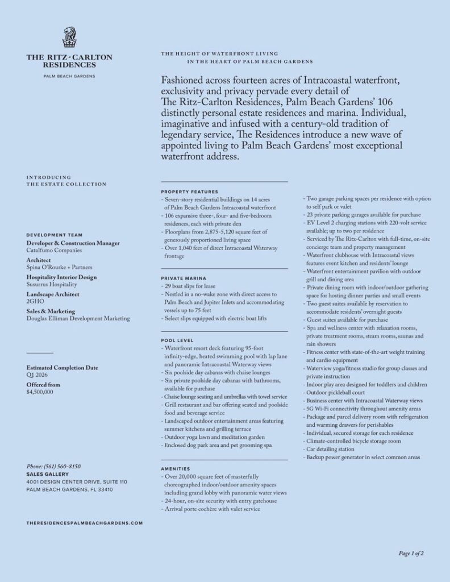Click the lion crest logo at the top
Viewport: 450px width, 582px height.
tap(69, 38)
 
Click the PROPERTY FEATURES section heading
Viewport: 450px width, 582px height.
tap(189, 192)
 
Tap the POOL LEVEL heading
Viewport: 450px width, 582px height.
tap(177, 340)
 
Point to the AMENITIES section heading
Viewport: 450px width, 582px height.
tap(176, 469)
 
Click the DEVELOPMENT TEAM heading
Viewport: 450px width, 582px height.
tap(54, 235)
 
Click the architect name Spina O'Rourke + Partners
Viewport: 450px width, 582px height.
tap(59, 267)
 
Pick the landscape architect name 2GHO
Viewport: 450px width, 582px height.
tap(35, 302)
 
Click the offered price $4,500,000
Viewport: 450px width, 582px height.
tap(40, 392)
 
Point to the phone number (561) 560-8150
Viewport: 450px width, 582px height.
tap(53, 466)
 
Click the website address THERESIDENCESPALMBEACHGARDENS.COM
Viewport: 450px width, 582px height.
tap(84, 522)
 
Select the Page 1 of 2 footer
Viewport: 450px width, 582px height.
tap(411, 553)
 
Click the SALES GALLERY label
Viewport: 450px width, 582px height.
tap(47, 474)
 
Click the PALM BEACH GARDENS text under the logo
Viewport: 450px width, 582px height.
tap(69, 76)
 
